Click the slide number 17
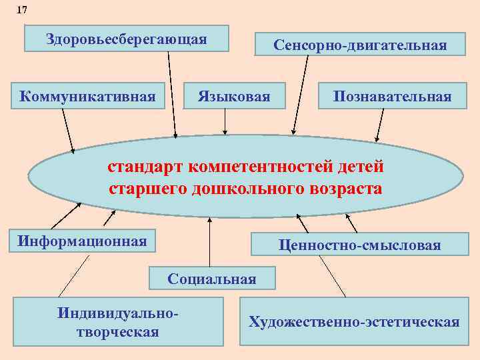pyautogui.click(x=23, y=10)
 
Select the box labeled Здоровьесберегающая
pyautogui.click(x=127, y=39)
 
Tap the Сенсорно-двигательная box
pyautogui.click(x=360, y=45)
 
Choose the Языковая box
pyautogui.click(x=234, y=97)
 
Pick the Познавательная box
pyautogui.click(x=393, y=97)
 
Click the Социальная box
pyautogui.click(x=212, y=278)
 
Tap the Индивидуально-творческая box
pyautogui.click(x=119, y=321)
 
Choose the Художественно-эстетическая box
pyautogui.click(x=354, y=322)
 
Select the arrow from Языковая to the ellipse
pyautogui.click(x=225, y=121)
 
